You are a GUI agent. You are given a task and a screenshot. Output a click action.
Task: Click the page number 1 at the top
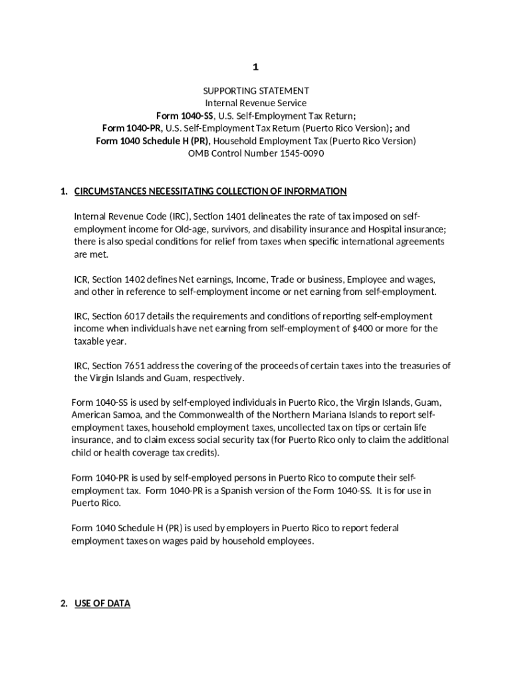coord(255,67)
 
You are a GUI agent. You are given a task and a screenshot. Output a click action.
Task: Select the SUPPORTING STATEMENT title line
coord(256,90)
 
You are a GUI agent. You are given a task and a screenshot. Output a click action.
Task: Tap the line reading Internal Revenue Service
coord(256,103)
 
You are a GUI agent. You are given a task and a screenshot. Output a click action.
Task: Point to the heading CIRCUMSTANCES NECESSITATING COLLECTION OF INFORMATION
coord(210,191)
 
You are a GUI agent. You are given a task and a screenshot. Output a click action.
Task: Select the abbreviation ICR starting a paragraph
coord(82,280)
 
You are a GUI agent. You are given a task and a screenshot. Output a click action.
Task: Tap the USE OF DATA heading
coord(102,604)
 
